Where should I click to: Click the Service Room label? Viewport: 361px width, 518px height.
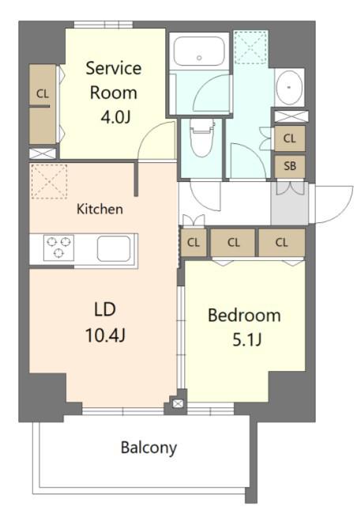point(114,81)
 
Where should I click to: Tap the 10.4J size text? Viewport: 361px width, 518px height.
point(105,335)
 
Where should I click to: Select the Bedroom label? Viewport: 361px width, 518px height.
point(244,316)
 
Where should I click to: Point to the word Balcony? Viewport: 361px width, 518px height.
point(149,448)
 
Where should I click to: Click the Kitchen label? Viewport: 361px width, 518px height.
point(100,209)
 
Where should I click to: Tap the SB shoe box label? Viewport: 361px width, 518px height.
point(290,166)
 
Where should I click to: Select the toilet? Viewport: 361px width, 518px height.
point(201,137)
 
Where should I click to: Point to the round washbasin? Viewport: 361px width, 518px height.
point(289,88)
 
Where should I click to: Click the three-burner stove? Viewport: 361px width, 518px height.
point(58,248)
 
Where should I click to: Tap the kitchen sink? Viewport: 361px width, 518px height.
point(114,248)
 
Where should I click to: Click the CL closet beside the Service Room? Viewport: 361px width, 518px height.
point(43,104)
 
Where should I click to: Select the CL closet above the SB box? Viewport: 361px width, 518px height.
point(289,138)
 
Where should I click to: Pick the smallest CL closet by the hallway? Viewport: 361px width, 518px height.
point(194,243)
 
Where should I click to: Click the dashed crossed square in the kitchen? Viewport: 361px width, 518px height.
point(49,181)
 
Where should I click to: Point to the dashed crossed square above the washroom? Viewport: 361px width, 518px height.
point(250,47)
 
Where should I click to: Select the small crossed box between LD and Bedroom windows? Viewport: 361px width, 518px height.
point(178,403)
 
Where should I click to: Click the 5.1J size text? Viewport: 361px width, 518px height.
point(246,339)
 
